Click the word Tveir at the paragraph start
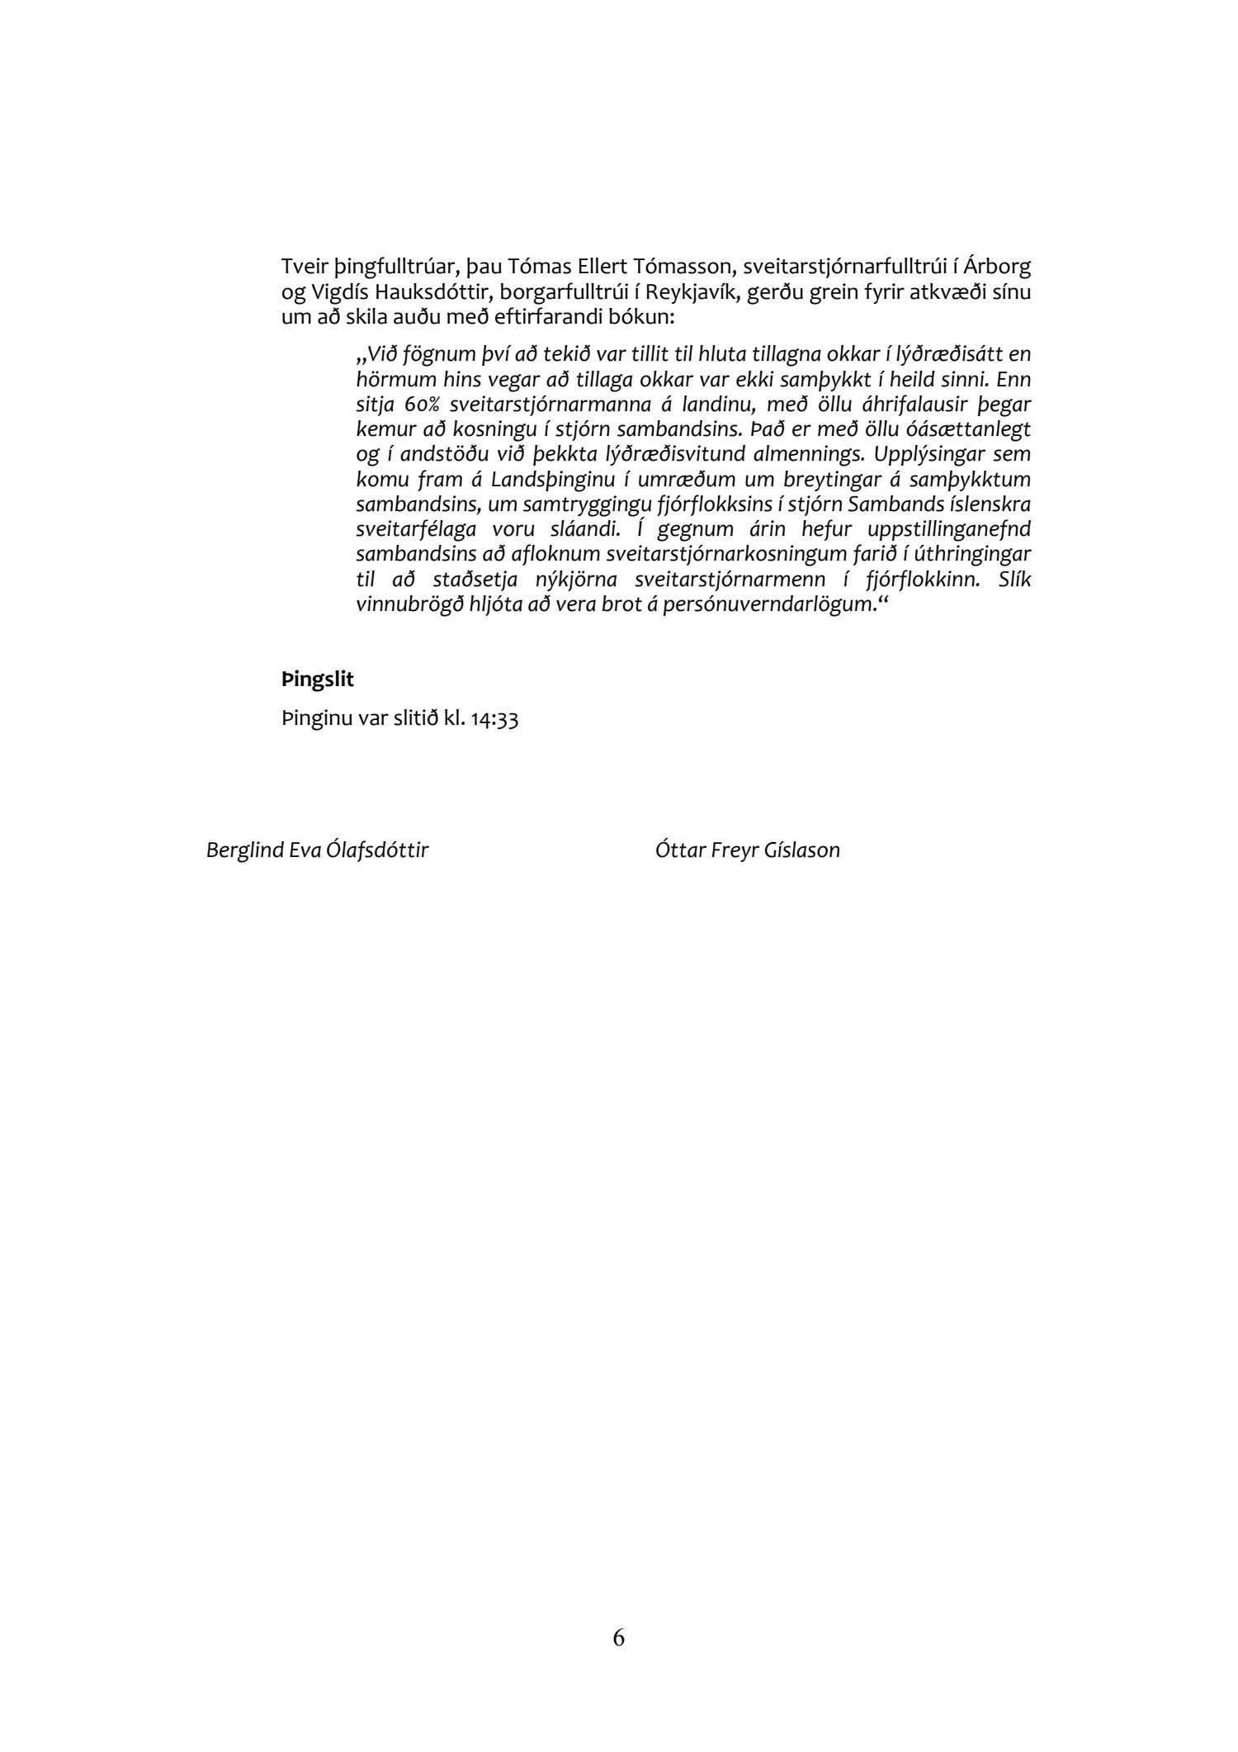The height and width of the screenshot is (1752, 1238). click(x=302, y=268)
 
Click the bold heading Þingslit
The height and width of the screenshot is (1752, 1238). click(x=318, y=680)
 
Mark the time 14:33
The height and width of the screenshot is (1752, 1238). click(x=496, y=719)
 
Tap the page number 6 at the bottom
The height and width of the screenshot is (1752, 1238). click(x=619, y=1637)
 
